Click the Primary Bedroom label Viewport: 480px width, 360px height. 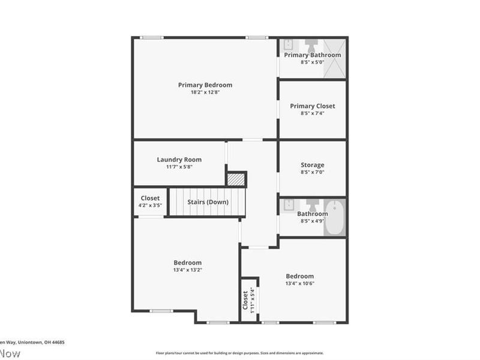coord(205,85)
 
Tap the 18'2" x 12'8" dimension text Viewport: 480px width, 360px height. coord(205,92)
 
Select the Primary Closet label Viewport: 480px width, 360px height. coord(312,106)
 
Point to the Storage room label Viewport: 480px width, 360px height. coord(312,165)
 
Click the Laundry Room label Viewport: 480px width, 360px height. coord(179,160)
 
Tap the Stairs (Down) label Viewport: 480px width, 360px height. coord(208,202)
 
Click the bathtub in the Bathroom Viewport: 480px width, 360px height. coord(335,217)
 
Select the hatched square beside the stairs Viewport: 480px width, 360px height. coord(236,179)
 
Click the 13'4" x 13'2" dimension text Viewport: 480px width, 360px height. coord(187,270)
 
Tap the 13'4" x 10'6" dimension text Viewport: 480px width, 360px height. coord(299,283)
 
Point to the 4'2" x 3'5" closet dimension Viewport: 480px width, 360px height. coord(150,206)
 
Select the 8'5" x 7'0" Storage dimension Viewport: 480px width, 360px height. coord(312,172)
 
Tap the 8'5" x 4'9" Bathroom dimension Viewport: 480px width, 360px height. coord(312,221)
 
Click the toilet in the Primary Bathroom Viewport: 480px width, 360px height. coord(312,46)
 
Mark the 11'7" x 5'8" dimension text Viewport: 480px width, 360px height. coord(179,167)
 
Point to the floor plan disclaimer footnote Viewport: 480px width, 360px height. coord(240,353)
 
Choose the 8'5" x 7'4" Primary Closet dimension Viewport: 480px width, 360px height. coord(312,113)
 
